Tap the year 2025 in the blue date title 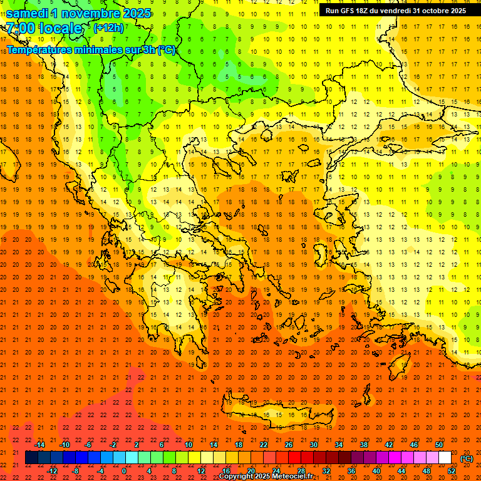click(x=133, y=13)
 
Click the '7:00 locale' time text click(x=44, y=28)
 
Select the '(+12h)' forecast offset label click(x=108, y=28)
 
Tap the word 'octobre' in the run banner click(x=430, y=11)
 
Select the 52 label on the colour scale click(x=452, y=471)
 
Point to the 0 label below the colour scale click(x=124, y=471)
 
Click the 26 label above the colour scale click(x=289, y=445)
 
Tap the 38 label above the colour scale click(x=364, y=445)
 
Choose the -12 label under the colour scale click(x=52, y=471)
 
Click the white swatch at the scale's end click(x=445, y=458)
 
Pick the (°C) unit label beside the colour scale click(x=467, y=458)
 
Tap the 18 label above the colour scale click(x=239, y=445)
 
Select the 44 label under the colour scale click(x=401, y=471)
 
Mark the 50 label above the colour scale click(x=439, y=445)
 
